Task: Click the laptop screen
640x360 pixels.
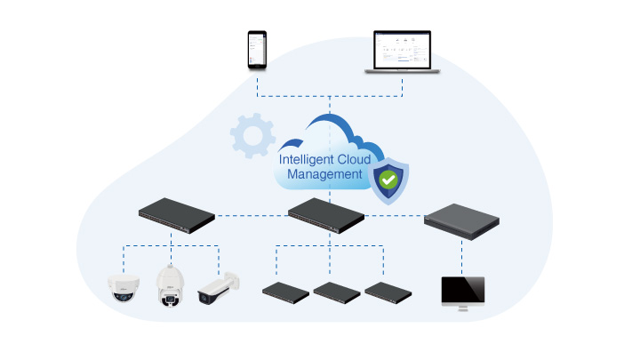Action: point(402,50)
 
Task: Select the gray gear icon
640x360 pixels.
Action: point(252,135)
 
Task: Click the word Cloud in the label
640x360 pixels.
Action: point(354,160)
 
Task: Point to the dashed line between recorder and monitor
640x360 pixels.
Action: point(461,258)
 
